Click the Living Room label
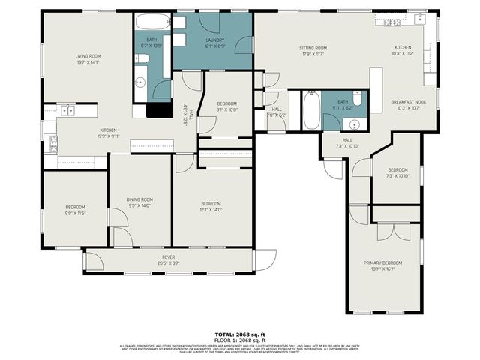tap(88, 56)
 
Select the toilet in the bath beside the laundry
tap(147, 60)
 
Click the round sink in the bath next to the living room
tap(141, 82)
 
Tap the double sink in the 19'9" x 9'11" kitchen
tap(67, 110)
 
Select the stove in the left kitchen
tap(53, 143)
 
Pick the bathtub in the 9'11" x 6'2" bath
tap(310, 111)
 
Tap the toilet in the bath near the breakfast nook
tap(358, 99)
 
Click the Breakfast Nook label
tap(409, 101)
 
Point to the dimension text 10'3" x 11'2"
tap(403, 54)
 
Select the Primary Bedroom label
tap(383, 262)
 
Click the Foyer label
tap(169, 256)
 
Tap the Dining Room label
tap(139, 199)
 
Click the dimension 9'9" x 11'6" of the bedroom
tap(75, 213)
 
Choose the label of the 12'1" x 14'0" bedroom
tap(211, 203)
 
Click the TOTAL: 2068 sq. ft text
tap(240, 334)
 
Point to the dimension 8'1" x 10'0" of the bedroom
tap(226, 109)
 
